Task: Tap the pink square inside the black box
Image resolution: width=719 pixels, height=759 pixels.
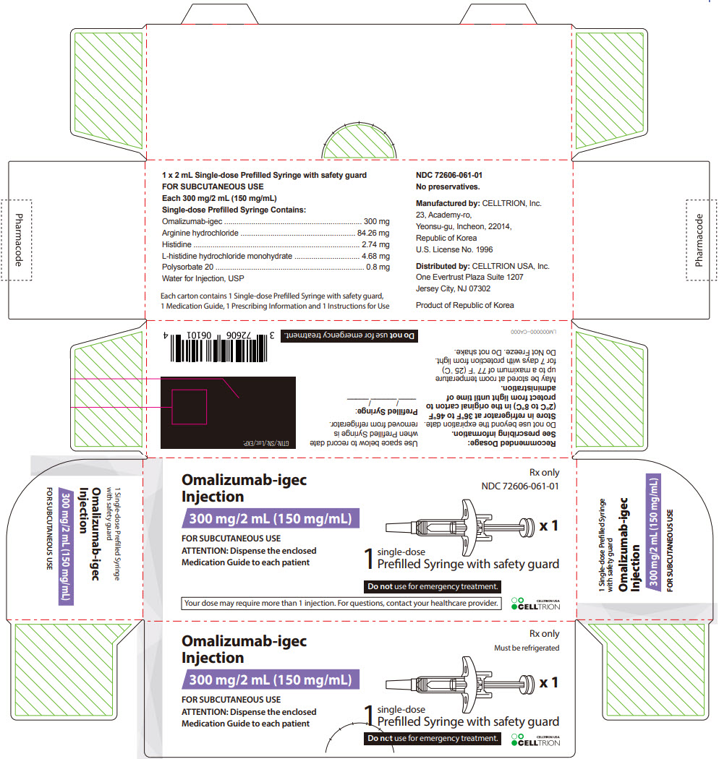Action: [189, 406]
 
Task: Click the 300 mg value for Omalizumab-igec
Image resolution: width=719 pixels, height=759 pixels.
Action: [376, 221]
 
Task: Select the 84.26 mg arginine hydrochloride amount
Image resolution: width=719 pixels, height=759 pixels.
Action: [373, 233]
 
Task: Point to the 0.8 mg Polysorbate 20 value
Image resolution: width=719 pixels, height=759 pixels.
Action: [378, 267]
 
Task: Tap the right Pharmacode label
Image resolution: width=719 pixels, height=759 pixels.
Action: [699, 240]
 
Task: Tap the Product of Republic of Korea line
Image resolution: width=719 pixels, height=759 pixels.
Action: [465, 305]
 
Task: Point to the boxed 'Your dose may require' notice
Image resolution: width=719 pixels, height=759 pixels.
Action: [341, 603]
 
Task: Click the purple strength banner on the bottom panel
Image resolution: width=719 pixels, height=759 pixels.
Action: [270, 679]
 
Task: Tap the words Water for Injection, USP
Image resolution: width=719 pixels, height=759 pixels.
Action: [203, 278]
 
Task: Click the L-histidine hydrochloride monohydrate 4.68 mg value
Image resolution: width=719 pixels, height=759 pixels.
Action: [375, 256]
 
